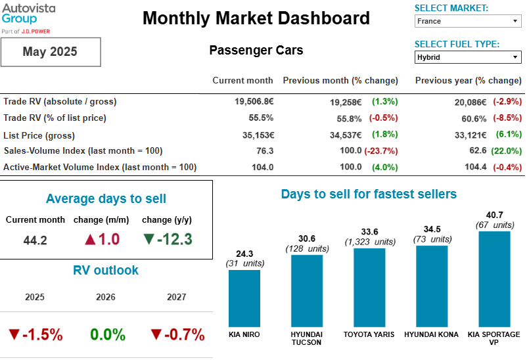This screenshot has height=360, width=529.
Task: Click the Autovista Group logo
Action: (x=28, y=18)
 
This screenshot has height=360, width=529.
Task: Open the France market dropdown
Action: (x=468, y=21)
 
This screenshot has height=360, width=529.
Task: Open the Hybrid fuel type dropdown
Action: (x=468, y=57)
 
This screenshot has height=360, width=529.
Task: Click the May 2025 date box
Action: (x=50, y=52)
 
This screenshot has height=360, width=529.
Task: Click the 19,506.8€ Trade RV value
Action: (x=254, y=102)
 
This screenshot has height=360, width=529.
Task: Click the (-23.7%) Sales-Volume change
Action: (x=381, y=150)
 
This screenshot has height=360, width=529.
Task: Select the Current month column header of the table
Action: (x=242, y=81)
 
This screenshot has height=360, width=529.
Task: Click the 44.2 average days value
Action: (x=35, y=240)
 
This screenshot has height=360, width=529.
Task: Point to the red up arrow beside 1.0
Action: (x=90, y=239)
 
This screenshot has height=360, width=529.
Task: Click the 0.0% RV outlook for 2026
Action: (x=108, y=334)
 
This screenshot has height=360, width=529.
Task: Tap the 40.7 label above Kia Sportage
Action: (x=494, y=215)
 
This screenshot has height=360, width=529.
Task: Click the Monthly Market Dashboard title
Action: (x=256, y=18)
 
